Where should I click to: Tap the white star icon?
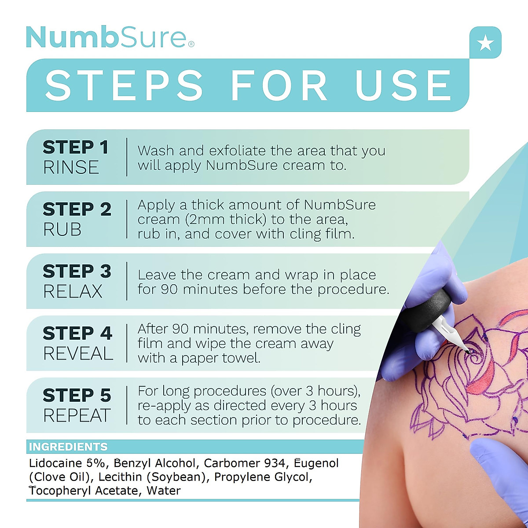[x=485, y=43]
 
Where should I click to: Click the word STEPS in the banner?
[x=125, y=85]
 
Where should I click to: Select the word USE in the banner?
[x=403, y=85]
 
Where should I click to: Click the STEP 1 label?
[x=76, y=147]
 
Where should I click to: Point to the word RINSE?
[x=71, y=168]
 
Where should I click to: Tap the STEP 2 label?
[x=77, y=209]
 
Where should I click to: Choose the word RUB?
[x=62, y=230]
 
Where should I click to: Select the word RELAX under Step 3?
[x=73, y=292]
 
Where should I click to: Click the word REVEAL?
[x=78, y=354]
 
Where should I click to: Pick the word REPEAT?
[x=77, y=416]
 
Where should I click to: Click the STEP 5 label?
[x=77, y=396]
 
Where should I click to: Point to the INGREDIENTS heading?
[x=68, y=447]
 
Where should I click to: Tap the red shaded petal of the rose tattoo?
[x=484, y=378]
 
